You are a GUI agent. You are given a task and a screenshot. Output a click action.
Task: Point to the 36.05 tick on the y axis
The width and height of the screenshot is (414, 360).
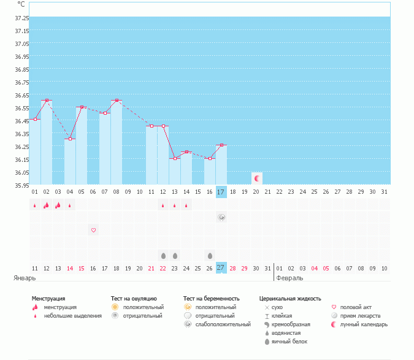[x=21, y=172]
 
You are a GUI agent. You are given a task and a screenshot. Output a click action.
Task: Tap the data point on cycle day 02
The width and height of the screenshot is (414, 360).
[x=47, y=100]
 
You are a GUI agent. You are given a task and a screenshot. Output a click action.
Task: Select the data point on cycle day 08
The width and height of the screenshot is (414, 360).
[x=117, y=100]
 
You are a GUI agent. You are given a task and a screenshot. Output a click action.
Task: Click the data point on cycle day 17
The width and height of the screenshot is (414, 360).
[x=221, y=145]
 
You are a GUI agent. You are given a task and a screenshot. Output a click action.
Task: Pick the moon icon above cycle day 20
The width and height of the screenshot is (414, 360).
[x=257, y=178]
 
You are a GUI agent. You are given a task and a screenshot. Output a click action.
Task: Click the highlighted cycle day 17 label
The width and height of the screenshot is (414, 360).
[x=221, y=192]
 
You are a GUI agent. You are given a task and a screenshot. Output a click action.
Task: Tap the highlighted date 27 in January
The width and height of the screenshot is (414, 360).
[x=221, y=268]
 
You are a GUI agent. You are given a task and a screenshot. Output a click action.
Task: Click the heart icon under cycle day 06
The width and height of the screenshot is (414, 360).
[x=93, y=230]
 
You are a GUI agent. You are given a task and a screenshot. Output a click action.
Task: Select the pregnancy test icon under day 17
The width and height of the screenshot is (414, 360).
[x=221, y=217]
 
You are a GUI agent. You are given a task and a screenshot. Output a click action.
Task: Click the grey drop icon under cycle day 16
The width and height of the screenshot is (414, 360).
[x=210, y=255]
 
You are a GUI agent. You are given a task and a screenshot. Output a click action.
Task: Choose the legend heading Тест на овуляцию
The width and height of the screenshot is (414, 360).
[x=134, y=298]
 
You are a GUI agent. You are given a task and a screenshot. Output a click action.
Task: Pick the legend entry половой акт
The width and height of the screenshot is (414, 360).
[x=356, y=307]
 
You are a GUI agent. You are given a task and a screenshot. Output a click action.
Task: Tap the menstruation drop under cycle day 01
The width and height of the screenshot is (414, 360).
[x=35, y=205]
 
